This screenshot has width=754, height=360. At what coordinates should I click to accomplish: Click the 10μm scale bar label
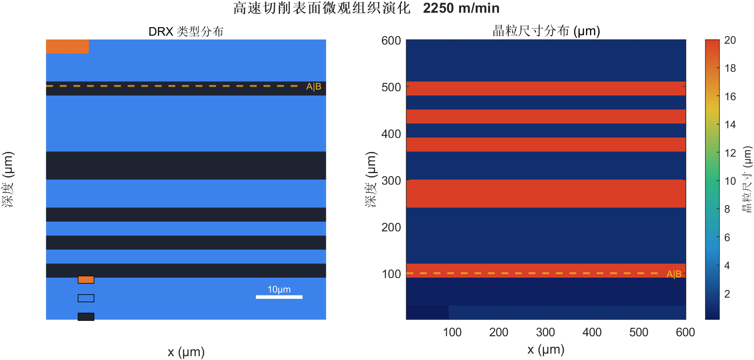click(279, 290)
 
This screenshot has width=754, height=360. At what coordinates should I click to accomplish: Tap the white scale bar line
click(279, 297)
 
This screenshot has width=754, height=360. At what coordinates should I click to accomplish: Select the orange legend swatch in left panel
click(86, 280)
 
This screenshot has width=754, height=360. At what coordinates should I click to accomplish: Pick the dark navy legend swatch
click(86, 317)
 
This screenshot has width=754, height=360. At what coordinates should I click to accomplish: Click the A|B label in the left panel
click(314, 87)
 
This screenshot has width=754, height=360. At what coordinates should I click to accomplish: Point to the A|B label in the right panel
click(673, 274)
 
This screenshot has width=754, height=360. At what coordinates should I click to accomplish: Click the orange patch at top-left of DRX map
click(67, 46)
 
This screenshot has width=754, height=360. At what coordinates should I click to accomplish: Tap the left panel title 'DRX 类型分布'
click(186, 31)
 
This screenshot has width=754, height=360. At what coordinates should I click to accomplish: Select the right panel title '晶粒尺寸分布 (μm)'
click(546, 31)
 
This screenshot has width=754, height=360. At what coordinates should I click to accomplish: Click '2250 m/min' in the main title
click(461, 8)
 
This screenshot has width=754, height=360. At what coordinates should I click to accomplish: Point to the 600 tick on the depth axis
click(391, 41)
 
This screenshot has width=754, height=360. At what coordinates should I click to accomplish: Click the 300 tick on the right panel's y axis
click(391, 181)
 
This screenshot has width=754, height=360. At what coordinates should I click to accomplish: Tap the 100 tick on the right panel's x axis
click(452, 332)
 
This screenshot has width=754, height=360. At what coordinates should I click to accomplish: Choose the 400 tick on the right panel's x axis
click(592, 332)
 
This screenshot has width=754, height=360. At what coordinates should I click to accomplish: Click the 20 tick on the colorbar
click(730, 40)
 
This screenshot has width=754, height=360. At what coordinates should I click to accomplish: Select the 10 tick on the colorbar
click(730, 181)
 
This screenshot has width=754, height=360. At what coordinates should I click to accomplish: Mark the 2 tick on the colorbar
click(727, 294)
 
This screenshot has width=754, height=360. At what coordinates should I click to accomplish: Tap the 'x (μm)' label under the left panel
click(186, 352)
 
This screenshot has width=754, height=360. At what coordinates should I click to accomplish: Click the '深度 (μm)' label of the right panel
click(370, 179)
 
